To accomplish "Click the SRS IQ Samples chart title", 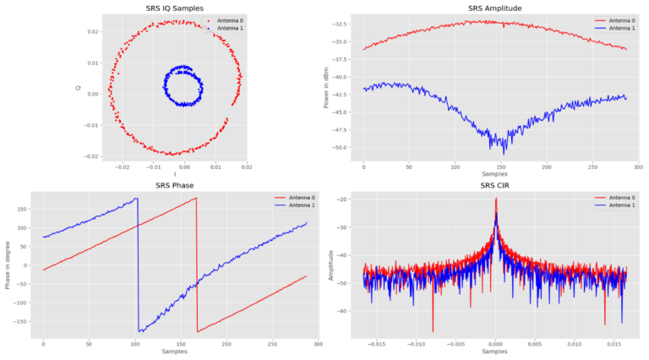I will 174,8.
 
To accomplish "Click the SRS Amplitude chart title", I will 494,8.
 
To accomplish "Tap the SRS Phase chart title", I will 174,186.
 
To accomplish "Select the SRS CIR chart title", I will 494,186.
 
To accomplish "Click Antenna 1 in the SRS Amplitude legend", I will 619,28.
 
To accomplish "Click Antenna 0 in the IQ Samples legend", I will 224,20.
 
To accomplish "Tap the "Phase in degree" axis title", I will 8,265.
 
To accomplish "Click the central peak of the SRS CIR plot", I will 496,199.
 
